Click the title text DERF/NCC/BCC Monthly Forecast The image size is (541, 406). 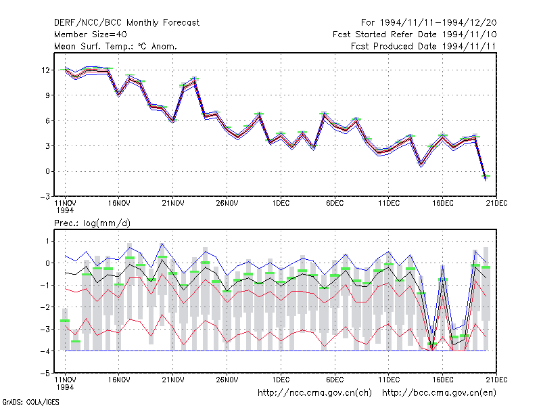(x=126, y=23)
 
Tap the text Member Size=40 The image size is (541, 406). (x=91, y=35)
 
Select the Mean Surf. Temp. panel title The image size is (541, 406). (x=115, y=46)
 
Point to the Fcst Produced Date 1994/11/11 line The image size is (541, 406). (x=423, y=46)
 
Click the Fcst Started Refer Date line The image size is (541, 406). (x=415, y=35)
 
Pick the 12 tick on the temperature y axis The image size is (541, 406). (x=45, y=70)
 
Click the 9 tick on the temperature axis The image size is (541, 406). (x=47, y=95)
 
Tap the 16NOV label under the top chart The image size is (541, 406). (x=119, y=204)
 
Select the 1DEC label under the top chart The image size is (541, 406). (x=281, y=204)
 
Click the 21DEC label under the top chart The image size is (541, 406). (x=496, y=204)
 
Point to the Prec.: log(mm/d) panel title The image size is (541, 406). (x=92, y=223)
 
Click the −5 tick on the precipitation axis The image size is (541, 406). (x=45, y=374)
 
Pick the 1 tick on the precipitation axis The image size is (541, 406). (x=48, y=241)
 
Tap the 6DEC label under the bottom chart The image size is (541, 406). (x=335, y=380)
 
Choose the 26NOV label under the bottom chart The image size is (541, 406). (x=227, y=380)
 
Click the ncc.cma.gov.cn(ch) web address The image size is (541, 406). (x=314, y=393)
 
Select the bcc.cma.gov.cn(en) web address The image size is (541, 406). (x=439, y=393)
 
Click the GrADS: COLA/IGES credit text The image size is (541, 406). (x=30, y=402)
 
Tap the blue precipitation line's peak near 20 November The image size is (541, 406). (x=162, y=244)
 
